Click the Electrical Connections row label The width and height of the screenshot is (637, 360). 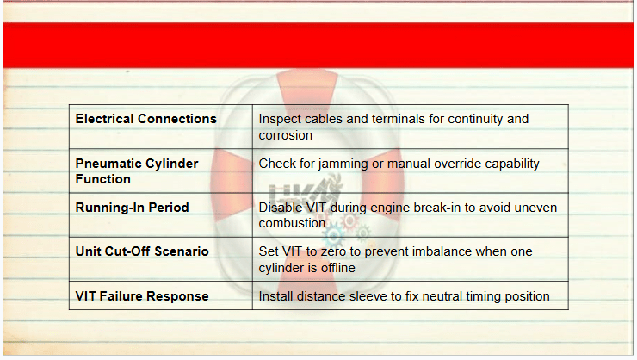point(145,119)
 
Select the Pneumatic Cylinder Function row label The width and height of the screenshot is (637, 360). point(137,171)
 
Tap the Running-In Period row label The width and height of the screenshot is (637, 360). point(132,208)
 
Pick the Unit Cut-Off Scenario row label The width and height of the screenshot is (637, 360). point(142,251)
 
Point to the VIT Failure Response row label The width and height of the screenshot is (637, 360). point(142,296)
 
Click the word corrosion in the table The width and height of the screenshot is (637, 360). point(286,135)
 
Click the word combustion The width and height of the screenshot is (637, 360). point(292,223)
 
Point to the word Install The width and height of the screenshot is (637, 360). point(275,296)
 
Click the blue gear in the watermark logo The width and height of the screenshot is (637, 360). point(334,235)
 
